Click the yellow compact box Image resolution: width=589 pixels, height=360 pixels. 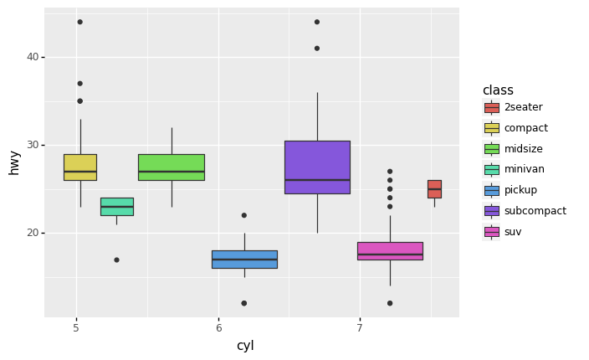click(x=79, y=167)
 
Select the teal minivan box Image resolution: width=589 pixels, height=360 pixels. click(x=116, y=206)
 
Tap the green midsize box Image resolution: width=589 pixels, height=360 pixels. click(x=171, y=167)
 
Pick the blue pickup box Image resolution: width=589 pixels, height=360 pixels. click(x=244, y=259)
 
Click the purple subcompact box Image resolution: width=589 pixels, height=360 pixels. click(x=317, y=167)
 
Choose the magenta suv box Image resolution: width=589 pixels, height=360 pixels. click(x=390, y=250)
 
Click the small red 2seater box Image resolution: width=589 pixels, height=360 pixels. click(x=434, y=188)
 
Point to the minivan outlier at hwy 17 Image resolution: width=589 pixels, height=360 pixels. click(x=116, y=260)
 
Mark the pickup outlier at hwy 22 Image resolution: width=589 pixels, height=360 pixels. click(x=244, y=215)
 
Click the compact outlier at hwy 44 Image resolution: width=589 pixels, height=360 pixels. click(x=80, y=22)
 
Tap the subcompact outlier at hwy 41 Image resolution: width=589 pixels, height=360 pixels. click(x=317, y=48)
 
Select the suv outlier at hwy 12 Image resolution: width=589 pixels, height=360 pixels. click(x=390, y=303)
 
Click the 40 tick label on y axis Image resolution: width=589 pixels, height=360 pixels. click(x=33, y=57)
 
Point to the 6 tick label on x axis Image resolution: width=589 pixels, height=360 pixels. click(x=219, y=328)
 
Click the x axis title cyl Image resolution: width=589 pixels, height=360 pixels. click(x=244, y=346)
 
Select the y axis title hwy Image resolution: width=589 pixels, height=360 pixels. click(x=14, y=162)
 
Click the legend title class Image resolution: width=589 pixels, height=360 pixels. click(x=498, y=90)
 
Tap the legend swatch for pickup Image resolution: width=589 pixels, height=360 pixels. click(x=491, y=190)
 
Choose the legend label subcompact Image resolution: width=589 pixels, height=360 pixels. click(x=535, y=211)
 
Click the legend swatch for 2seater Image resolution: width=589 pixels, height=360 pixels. click(x=491, y=107)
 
